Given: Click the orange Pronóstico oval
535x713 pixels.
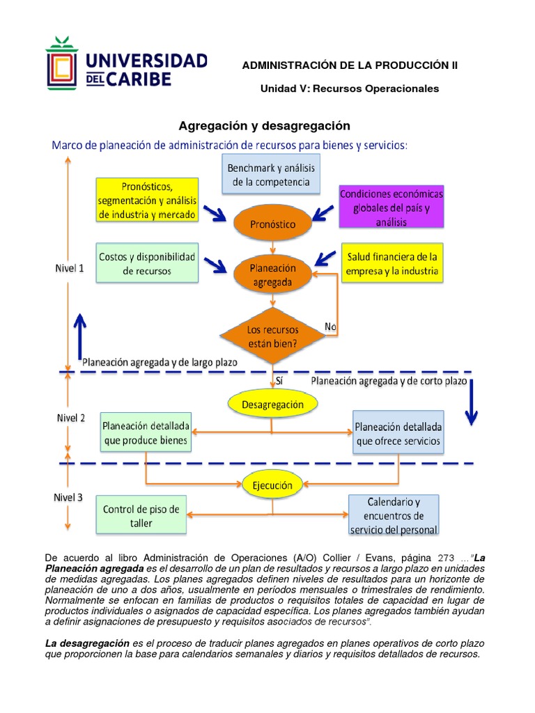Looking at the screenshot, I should tap(273, 224).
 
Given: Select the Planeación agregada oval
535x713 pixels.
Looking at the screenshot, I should tap(272, 275).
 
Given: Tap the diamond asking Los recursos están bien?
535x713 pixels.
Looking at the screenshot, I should tap(273, 334).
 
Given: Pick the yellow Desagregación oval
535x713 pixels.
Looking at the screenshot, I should tap(272, 404).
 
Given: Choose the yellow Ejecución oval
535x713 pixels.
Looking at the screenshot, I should tap(272, 484).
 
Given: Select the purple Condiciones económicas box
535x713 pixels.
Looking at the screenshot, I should tap(391, 206).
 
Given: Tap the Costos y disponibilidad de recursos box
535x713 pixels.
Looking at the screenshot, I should tap(146, 263).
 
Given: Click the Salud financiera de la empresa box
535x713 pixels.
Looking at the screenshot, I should tap(392, 263).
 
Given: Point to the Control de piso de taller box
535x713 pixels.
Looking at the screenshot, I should tap(141, 516).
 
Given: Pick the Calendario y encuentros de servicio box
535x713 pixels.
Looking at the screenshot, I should tap(394, 516).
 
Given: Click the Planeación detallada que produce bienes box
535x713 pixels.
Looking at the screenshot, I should tap(145, 432).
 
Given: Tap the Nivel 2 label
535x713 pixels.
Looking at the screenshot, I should tap(71, 418).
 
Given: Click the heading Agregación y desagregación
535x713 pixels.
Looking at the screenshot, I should tap(264, 126).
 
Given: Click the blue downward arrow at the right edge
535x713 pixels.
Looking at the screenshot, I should tap(472, 401).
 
